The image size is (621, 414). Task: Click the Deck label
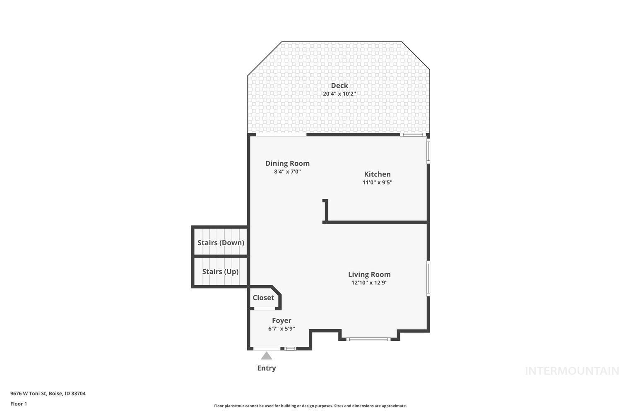pos(339,86)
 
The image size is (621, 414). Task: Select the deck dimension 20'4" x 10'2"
pos(339,94)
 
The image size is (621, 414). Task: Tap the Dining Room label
pos(287,164)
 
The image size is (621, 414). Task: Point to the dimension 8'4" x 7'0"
pos(287,171)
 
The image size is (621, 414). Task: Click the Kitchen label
pos(377,174)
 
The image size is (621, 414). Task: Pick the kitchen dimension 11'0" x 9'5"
pos(377,182)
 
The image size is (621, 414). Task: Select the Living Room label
pos(369,274)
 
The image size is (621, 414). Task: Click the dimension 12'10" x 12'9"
pos(369,283)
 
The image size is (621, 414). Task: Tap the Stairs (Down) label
pos(221,243)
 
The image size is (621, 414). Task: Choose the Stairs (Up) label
pos(220,272)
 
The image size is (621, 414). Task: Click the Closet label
pos(263,298)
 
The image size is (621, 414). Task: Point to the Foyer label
pos(282,320)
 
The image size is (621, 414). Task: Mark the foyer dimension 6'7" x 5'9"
pos(282,329)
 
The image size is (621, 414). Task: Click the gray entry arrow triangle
pos(267,356)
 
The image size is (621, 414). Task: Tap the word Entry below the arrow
pos(267,368)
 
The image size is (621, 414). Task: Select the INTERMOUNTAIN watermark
pos(572,371)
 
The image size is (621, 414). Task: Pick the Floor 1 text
pos(19,404)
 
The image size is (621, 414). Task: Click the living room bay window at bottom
pos(368,339)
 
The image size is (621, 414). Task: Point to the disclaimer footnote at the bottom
pos(310,406)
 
